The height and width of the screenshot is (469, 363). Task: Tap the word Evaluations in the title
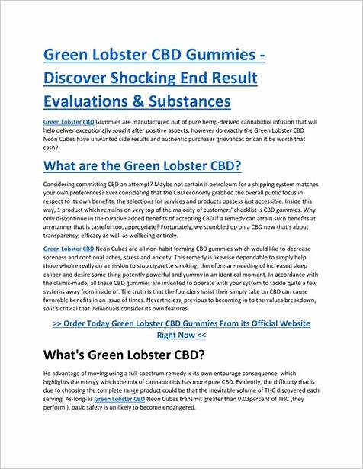point(84,101)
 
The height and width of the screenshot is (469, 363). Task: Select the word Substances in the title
point(187,101)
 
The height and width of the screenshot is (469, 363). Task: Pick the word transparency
point(64,236)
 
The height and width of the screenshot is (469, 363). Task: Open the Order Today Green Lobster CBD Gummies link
point(181,323)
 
